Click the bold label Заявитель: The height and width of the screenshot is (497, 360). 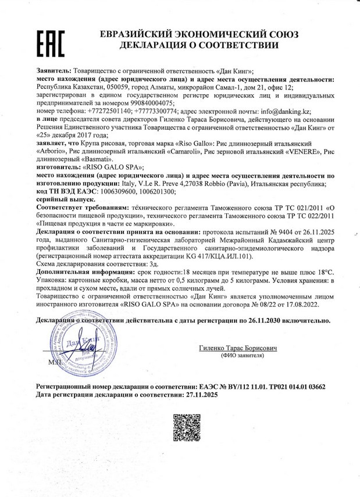[x=54, y=70]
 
